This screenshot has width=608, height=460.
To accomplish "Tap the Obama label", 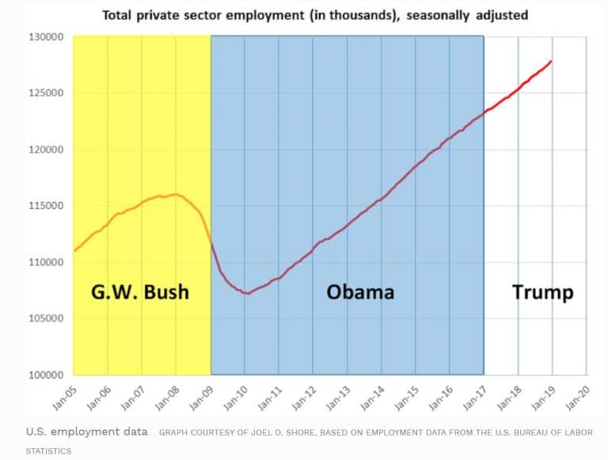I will pos(360,292).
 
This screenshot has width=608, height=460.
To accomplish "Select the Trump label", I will pos(542,292).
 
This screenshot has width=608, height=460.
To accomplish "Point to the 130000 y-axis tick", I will pos(47,37).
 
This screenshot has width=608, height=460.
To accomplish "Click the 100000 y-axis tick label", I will pos(47,375).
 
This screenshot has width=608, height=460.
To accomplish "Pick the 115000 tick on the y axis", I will pos(47,206).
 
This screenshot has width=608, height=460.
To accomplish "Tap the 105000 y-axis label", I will pos(47,319).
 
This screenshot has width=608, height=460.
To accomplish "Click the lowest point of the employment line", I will pos(248,294).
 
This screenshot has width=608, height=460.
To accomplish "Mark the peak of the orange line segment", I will pos(175,194).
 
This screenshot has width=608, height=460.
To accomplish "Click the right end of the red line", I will pos(552,61).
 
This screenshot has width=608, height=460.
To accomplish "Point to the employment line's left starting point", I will pos(74,251).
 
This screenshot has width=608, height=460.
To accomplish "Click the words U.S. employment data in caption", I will pos(86,431).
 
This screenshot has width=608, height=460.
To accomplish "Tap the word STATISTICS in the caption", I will pos(48,450).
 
